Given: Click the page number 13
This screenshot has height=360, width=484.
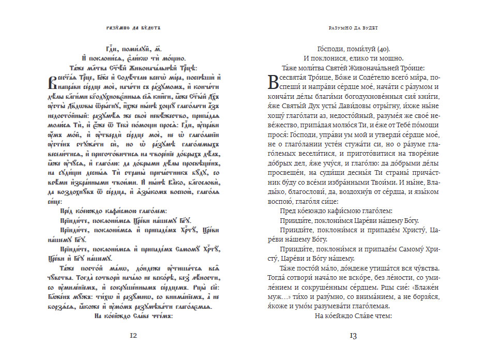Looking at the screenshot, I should (x=353, y=336).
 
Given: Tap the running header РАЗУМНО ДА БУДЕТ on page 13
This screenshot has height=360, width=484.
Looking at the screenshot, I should (x=354, y=27).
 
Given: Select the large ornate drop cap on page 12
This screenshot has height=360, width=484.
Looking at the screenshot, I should (x=53, y=82).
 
